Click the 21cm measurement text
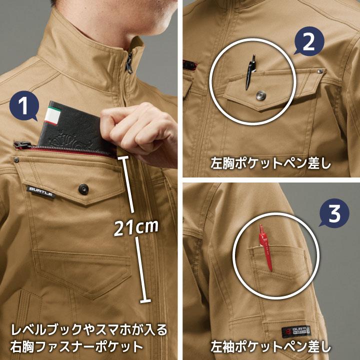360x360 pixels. (136, 228)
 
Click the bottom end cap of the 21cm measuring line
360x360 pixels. (146, 300)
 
